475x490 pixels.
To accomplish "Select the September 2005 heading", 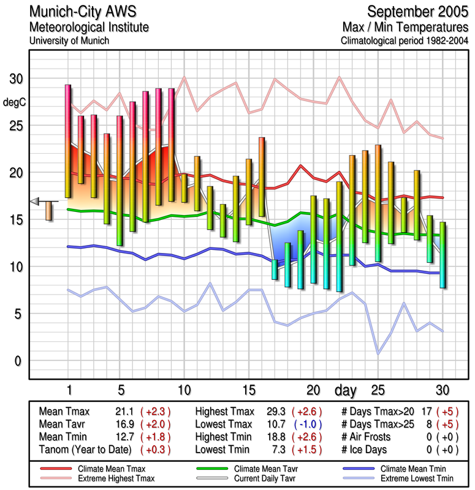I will pyautogui.click(x=416, y=12).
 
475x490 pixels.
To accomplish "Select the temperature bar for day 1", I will pyautogui.click(x=68, y=141).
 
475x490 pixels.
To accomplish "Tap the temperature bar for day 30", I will pyautogui.click(x=443, y=255).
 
